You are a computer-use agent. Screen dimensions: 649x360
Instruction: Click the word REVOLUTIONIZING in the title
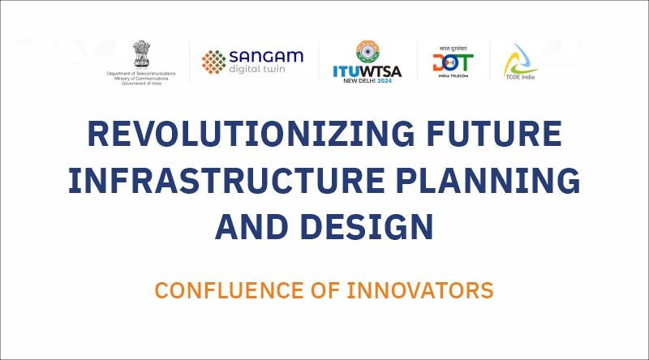coord(251,133)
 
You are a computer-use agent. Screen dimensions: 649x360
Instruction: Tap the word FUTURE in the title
coord(494,133)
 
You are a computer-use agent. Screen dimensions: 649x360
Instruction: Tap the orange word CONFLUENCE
coord(229,290)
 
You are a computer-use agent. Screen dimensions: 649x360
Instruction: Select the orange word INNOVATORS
coord(420,290)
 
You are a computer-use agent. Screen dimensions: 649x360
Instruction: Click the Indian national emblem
coord(141,54)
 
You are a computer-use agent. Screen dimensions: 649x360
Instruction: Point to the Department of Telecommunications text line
coord(141,74)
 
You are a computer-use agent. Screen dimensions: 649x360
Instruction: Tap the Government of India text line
coord(141,84)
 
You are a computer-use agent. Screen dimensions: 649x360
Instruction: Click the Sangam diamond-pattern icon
coord(214,62)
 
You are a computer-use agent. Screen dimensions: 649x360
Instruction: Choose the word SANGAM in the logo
coord(266,57)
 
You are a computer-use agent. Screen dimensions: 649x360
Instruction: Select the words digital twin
coord(257,69)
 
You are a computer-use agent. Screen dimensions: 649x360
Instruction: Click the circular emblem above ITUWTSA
coord(367,52)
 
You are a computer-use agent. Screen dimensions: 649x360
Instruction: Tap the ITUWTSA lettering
coord(367,71)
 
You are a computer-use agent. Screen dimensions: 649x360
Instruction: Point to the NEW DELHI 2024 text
coord(367,81)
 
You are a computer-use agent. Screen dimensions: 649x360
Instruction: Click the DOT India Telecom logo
coord(453,62)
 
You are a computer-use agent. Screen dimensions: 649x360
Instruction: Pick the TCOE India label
coord(520,77)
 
